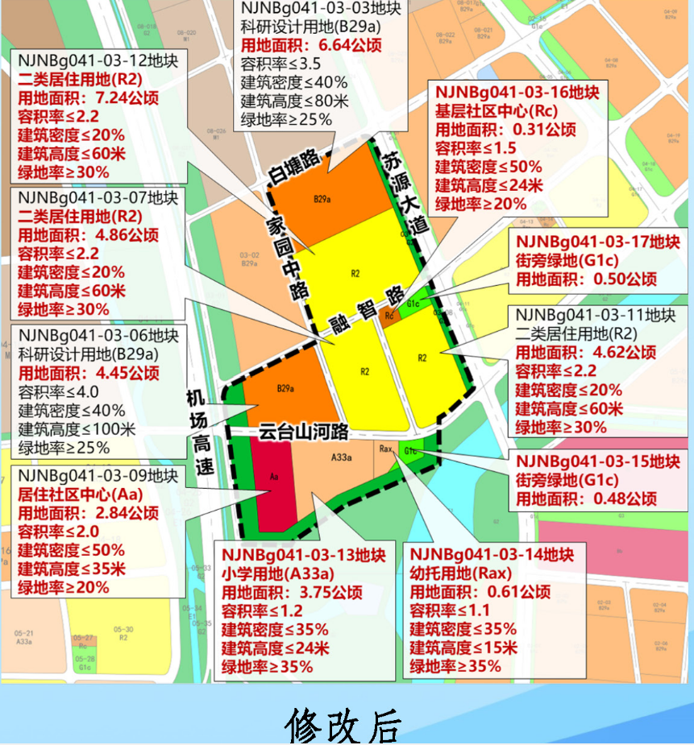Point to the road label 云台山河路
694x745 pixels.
303,433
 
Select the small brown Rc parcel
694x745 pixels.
390,316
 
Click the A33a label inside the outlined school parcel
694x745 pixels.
342,458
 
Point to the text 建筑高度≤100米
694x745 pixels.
77,429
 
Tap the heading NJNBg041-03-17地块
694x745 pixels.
598,241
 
